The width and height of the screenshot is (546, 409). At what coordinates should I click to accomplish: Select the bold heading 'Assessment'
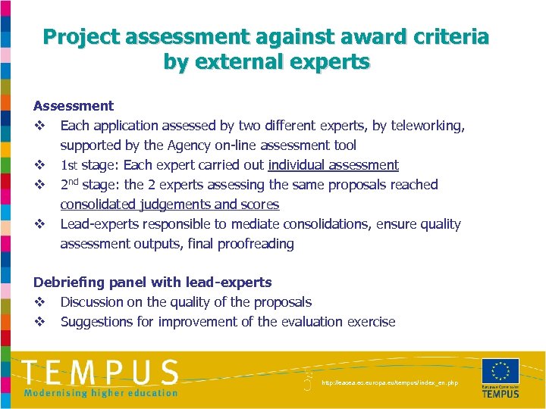(x=74, y=106)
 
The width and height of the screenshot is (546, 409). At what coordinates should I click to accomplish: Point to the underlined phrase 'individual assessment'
(x=334, y=165)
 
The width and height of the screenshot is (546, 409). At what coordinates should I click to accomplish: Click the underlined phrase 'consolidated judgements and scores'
(x=169, y=204)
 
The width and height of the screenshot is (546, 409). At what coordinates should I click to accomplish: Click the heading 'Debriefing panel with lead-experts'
(x=152, y=283)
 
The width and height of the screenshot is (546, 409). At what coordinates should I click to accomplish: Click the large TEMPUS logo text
(x=100, y=372)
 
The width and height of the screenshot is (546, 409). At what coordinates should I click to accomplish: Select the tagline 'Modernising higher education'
(x=100, y=392)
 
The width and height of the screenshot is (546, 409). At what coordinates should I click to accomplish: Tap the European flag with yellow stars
(x=500, y=371)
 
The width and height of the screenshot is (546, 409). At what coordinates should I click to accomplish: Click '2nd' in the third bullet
(x=70, y=184)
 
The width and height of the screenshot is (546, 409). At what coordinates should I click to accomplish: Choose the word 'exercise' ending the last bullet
(x=371, y=322)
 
